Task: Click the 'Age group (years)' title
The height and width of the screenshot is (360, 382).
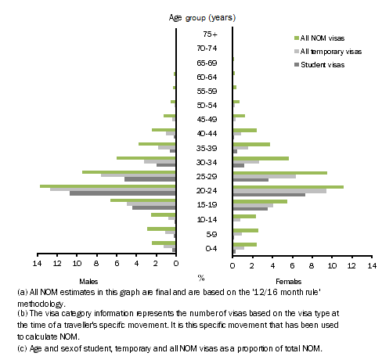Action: (x=203, y=16)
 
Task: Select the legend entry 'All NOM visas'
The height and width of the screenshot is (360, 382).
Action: (x=323, y=37)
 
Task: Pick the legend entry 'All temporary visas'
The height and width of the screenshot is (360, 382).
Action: (x=329, y=50)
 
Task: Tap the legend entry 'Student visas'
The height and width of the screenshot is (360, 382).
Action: (x=321, y=64)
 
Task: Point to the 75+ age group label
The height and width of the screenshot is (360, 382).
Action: (x=204, y=34)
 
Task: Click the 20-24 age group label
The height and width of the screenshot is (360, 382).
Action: (x=204, y=190)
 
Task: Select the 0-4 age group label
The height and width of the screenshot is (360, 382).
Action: (x=204, y=248)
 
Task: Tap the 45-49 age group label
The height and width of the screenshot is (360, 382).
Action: (x=204, y=120)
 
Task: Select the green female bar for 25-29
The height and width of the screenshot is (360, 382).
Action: (x=279, y=172)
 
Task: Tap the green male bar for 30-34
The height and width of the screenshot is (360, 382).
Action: (x=146, y=157)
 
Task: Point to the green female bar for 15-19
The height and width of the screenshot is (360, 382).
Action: (x=260, y=201)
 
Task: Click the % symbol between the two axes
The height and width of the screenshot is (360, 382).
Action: (x=201, y=277)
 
